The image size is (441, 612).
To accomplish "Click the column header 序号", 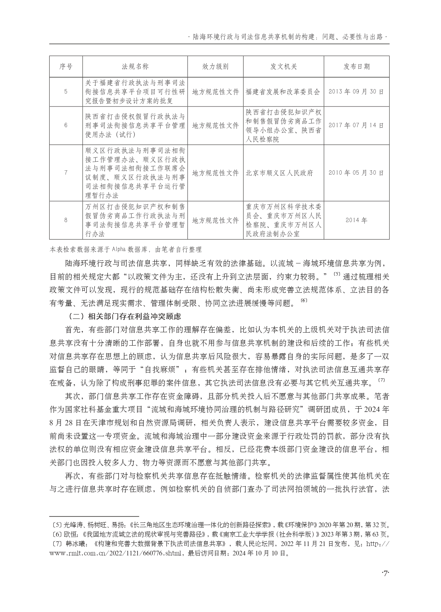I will tap(66, 66).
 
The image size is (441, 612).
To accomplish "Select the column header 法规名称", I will tap(135, 66).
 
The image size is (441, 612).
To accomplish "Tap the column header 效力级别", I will tap(215, 66).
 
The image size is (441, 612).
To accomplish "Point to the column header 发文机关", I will tap(283, 66).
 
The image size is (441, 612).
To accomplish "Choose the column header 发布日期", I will tap(357, 66).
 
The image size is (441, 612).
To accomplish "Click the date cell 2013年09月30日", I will tap(357, 92).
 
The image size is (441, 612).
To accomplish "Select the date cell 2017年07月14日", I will tap(357, 125).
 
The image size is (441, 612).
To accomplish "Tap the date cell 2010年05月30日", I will tap(357, 173).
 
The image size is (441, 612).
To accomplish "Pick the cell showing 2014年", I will tap(357, 220).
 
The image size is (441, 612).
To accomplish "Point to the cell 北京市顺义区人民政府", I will tap(279, 173).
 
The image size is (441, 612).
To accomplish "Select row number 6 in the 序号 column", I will tap(66, 125).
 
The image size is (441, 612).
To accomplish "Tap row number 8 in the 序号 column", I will tap(66, 220).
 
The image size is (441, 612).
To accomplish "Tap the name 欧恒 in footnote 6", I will tap(70, 534).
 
